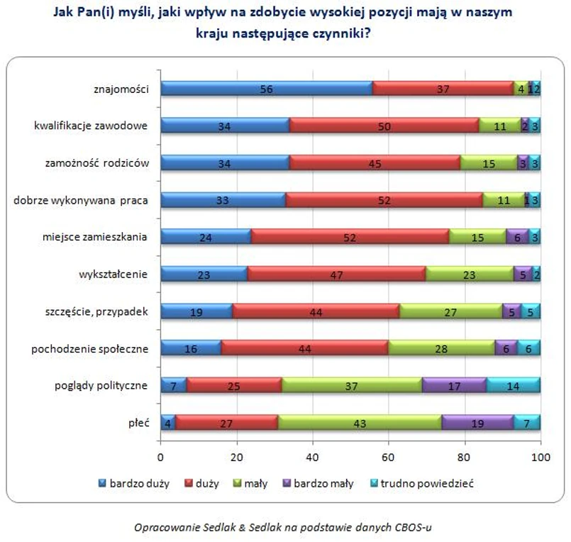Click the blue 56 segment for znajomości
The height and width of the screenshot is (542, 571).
point(267,88)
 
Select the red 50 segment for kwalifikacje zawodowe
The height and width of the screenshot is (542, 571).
point(384,126)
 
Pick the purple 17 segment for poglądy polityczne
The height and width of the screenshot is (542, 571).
point(454,385)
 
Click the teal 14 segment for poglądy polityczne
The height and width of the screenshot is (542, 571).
point(513,385)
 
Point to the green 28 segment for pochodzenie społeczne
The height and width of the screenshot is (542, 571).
point(441,348)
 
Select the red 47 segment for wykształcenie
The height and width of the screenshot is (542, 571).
point(336,274)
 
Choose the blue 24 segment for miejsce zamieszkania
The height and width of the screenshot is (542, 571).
point(206,236)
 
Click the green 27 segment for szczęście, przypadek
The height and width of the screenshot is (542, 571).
point(450,311)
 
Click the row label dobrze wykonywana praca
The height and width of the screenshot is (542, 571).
point(80,200)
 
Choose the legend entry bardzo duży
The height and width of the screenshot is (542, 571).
point(139,484)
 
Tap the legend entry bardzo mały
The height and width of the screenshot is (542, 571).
point(324,484)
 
